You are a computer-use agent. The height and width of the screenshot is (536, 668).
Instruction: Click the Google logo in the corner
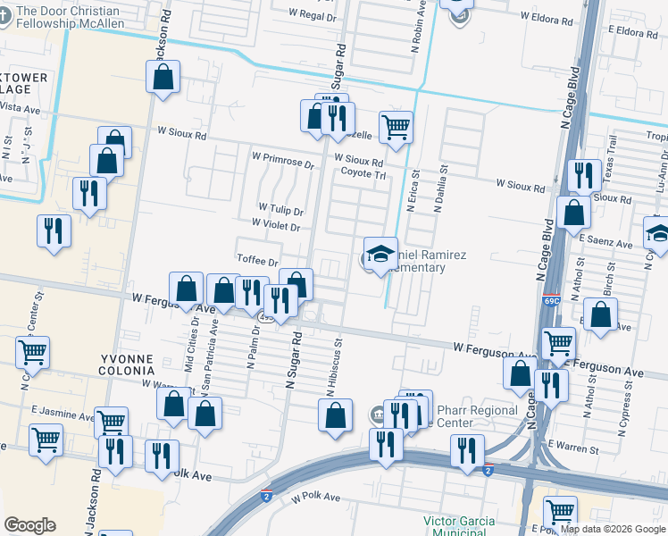pos(30,525)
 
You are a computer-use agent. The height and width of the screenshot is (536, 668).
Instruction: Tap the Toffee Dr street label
pos(259,260)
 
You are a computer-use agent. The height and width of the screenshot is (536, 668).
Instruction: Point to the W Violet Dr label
pos(275,226)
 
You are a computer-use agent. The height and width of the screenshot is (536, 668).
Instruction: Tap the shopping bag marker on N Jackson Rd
pos(163,78)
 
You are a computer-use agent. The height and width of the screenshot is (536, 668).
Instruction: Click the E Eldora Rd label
pos(632,31)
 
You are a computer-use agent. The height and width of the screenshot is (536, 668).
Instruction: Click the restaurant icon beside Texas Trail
pos(583,174)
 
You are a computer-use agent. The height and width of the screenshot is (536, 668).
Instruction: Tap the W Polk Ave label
pos(316,497)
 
